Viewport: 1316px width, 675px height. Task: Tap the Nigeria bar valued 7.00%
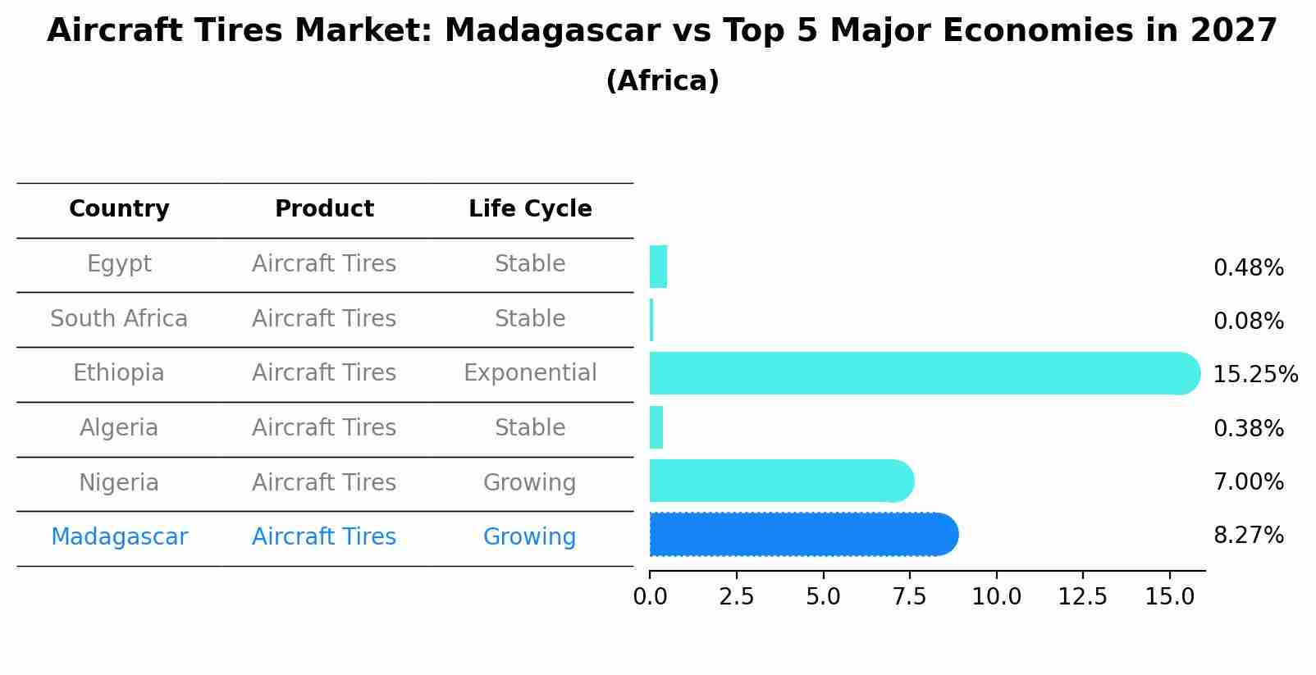pos(779,481)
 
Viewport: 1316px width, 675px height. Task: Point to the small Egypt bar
pos(658,267)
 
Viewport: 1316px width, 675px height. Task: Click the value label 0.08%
pos(1248,322)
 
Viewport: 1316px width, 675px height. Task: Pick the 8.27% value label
pos(1248,536)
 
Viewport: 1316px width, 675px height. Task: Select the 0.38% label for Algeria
pos(1248,429)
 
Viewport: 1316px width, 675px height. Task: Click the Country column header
pos(119,209)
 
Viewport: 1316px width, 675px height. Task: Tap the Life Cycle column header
pos(530,209)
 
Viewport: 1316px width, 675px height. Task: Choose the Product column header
pos(324,209)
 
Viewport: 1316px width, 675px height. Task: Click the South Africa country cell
pos(119,319)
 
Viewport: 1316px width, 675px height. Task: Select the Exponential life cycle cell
pos(530,373)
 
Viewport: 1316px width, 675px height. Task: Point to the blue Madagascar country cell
pos(119,537)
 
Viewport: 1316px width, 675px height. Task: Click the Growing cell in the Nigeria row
pos(530,483)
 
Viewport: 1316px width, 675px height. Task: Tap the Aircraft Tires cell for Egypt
pos(324,264)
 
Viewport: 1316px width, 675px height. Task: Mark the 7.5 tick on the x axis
pos(909,597)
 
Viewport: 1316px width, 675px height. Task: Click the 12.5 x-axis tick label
pos(1082,597)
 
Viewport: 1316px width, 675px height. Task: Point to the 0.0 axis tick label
pos(650,597)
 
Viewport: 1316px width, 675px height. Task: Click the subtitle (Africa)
pos(662,81)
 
